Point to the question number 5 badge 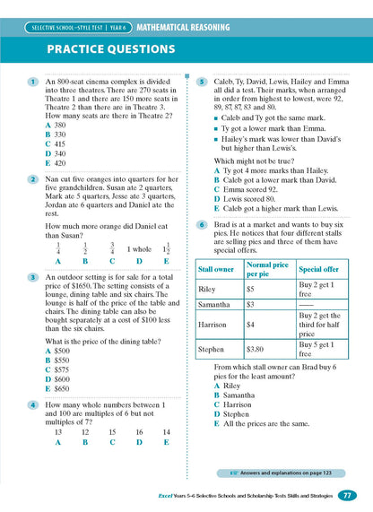[203, 82]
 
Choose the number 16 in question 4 [139, 431]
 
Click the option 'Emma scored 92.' [251, 189]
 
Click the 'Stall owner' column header [218, 243]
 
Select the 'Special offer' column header [318, 243]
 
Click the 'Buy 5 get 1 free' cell [318, 324]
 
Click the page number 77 [349, 495]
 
